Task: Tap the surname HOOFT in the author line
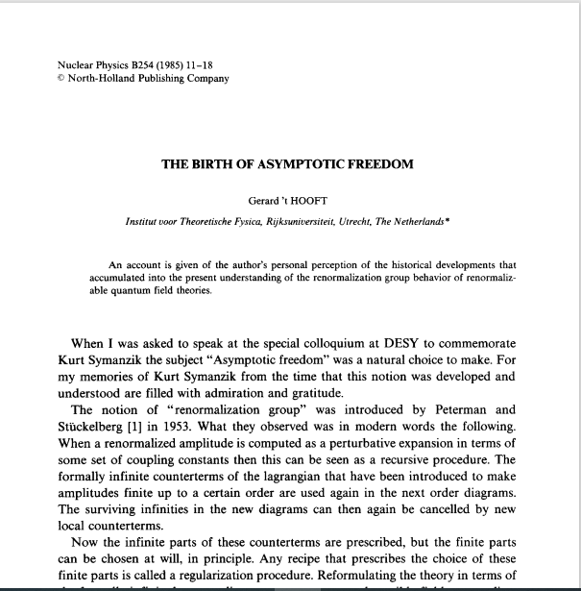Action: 315,201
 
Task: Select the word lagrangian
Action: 284,465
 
